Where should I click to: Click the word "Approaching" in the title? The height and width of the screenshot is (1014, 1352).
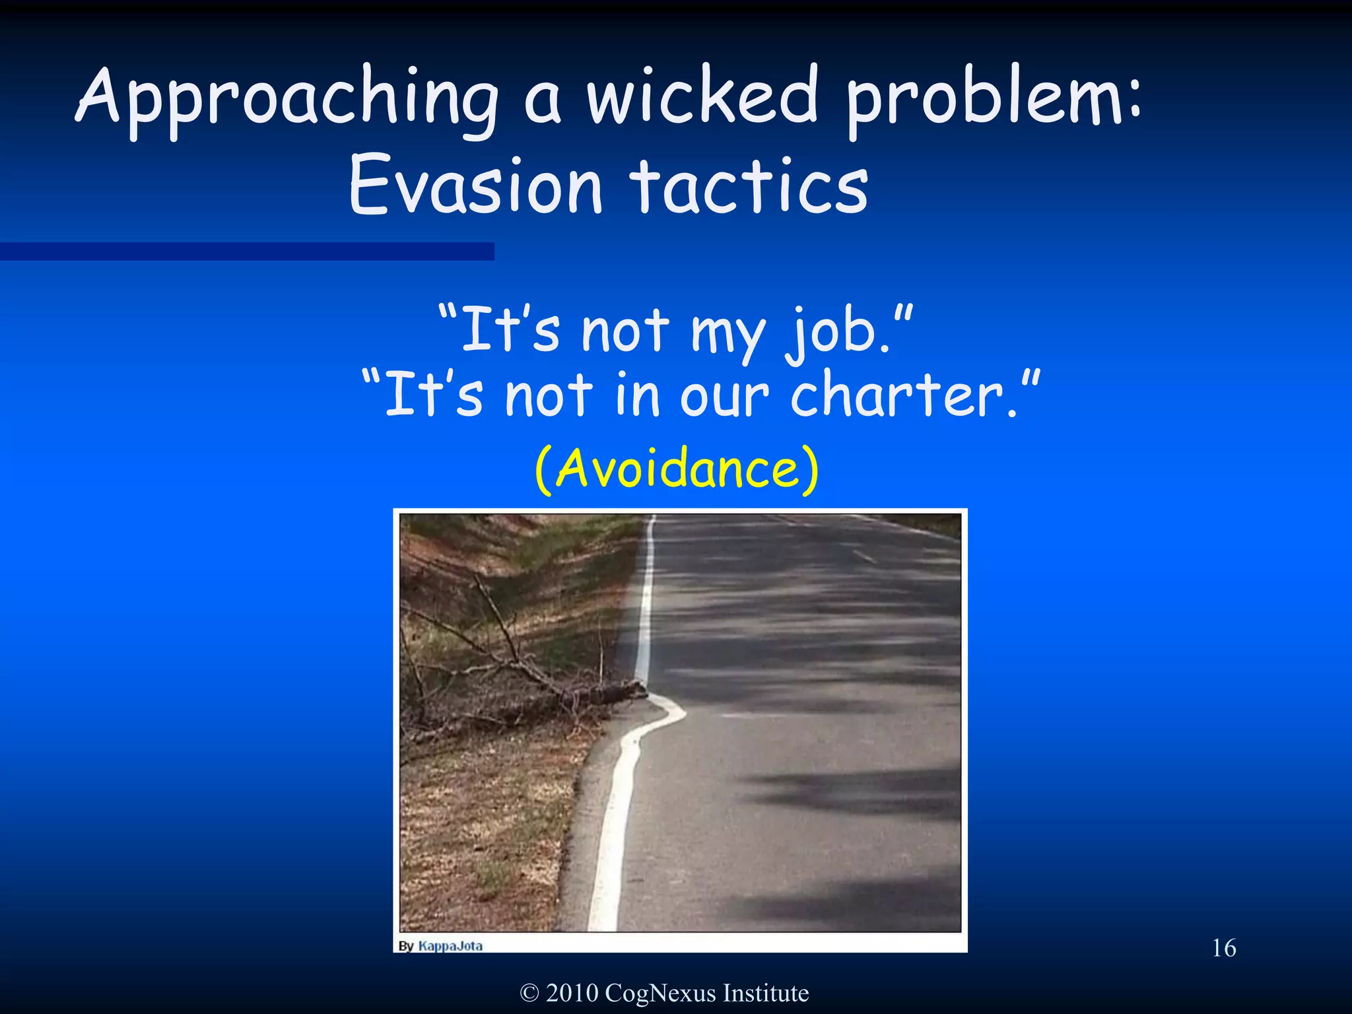click(287, 99)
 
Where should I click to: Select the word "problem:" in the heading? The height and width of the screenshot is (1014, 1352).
click(993, 99)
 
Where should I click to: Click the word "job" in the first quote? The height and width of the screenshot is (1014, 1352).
click(838, 330)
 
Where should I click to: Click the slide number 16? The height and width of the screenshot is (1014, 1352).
click(1223, 948)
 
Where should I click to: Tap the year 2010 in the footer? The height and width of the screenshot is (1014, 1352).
click(572, 993)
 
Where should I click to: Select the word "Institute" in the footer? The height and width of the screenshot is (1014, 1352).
click(766, 993)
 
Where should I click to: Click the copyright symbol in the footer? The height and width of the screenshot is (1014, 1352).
click(529, 993)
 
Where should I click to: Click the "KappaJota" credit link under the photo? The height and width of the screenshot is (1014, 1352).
click(450, 946)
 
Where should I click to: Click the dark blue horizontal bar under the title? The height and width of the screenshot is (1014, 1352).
click(247, 251)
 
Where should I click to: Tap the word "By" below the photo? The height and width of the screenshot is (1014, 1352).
click(406, 946)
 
